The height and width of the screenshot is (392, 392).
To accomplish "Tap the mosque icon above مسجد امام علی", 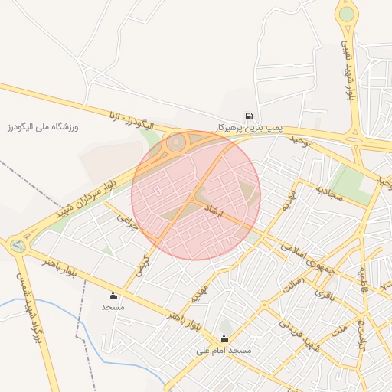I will [x=224, y=338].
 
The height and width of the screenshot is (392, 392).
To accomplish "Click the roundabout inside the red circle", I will [x=178, y=142].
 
